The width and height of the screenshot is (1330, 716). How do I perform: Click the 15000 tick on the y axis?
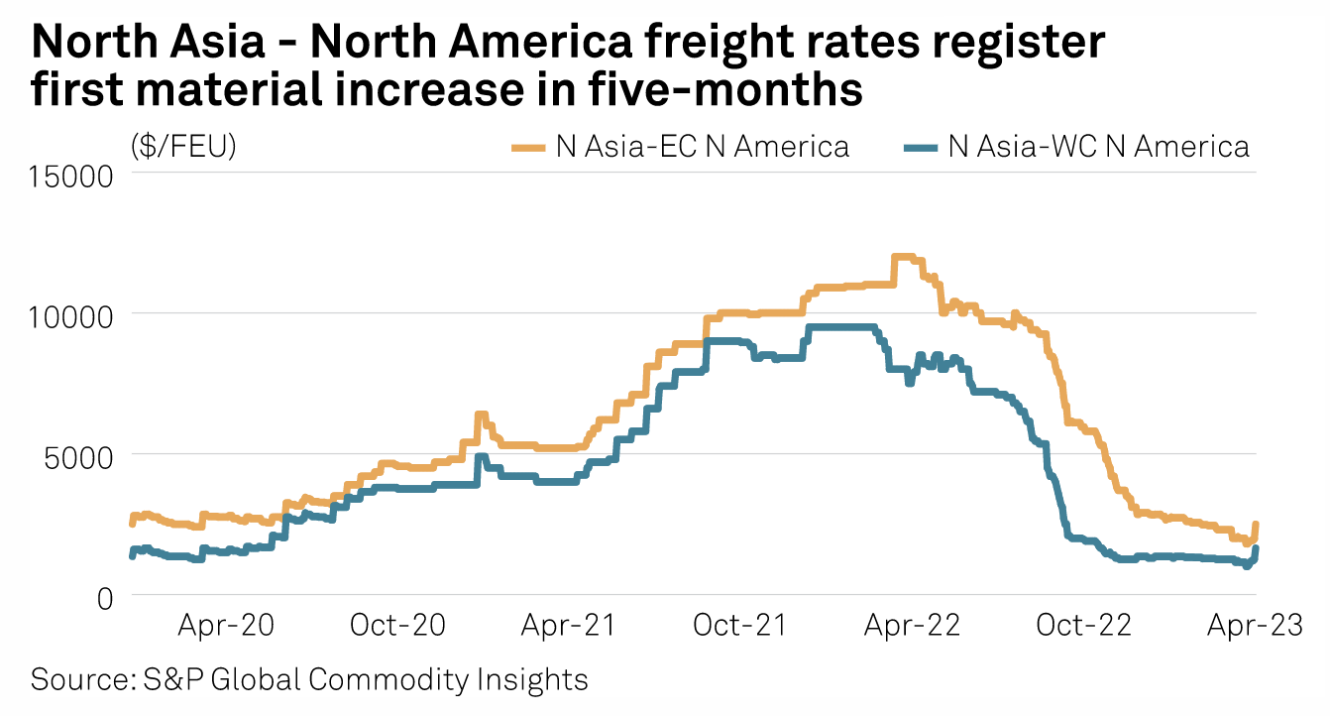74,175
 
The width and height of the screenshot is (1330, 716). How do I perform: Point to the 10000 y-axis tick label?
74,315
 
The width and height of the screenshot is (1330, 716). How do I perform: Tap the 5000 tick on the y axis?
83,456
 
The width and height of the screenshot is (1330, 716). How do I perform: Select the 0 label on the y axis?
106,597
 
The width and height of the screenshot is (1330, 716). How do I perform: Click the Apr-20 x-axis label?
226,627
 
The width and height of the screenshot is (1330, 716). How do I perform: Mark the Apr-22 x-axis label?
912,627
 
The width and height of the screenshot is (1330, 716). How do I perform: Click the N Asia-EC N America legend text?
702,147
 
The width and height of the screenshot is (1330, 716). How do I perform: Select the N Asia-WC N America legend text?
1098,147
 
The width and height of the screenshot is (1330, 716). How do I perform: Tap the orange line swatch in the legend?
529,148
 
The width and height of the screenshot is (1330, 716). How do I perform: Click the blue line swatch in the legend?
921,148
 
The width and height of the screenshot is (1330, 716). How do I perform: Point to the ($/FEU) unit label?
183,147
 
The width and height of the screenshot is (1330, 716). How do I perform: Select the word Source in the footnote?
73,680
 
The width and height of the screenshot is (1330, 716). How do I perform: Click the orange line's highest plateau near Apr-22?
904,258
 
